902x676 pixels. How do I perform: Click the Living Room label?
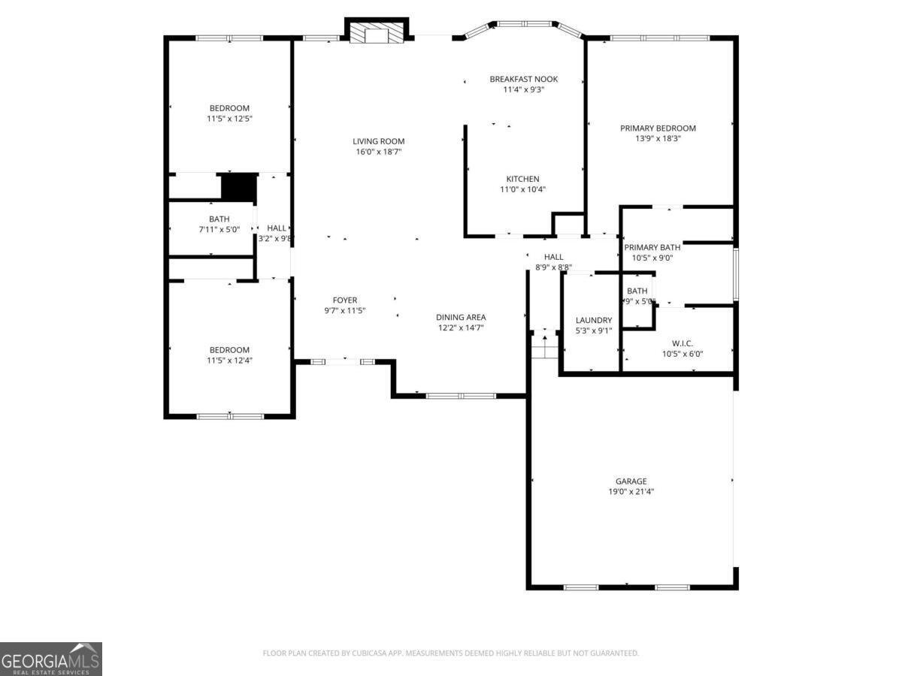click(379, 141)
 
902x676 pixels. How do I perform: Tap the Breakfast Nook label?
click(524, 79)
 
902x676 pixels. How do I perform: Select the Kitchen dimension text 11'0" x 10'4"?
click(522, 189)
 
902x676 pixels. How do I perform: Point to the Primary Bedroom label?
click(658, 128)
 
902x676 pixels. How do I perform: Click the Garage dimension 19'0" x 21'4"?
click(631, 492)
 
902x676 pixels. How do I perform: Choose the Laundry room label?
click(593, 320)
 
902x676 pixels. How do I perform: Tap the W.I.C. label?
click(683, 343)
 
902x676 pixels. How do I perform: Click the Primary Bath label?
click(652, 247)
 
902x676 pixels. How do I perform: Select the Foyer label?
click(345, 300)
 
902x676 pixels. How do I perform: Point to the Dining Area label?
click(461, 317)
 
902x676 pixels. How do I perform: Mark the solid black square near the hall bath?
click(239, 187)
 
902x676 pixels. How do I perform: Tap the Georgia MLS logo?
click(50, 659)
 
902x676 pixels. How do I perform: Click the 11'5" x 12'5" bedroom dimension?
click(229, 119)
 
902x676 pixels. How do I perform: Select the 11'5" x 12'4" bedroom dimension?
click(229, 361)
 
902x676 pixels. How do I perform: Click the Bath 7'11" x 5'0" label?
click(219, 219)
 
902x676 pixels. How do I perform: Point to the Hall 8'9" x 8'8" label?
click(553, 257)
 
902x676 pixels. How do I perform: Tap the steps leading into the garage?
click(544, 346)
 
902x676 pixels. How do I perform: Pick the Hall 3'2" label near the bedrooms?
click(276, 228)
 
